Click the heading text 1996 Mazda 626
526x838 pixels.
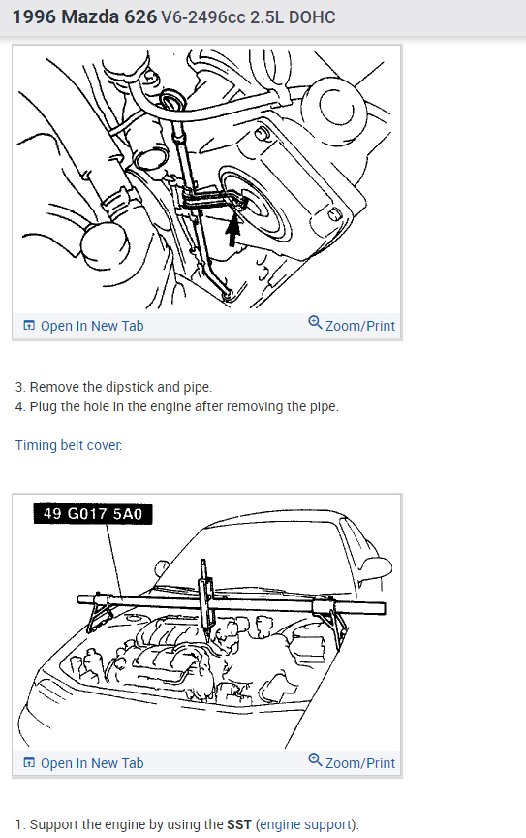click(84, 17)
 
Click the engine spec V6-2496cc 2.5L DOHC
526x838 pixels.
click(248, 17)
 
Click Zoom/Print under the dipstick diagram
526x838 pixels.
click(360, 326)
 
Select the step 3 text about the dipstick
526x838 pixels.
click(113, 387)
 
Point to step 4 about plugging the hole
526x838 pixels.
click(176, 406)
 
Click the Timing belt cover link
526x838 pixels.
click(69, 445)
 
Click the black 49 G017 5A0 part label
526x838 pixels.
click(93, 514)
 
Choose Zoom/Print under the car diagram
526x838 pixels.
click(360, 763)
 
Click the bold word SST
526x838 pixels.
click(239, 824)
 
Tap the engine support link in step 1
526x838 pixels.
click(306, 824)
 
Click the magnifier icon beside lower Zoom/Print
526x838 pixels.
click(315, 760)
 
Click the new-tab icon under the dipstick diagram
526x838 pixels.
click(29, 326)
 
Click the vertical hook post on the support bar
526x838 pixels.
click(206, 594)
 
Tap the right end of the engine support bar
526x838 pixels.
click(384, 608)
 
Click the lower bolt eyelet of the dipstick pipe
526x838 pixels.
click(228, 293)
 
